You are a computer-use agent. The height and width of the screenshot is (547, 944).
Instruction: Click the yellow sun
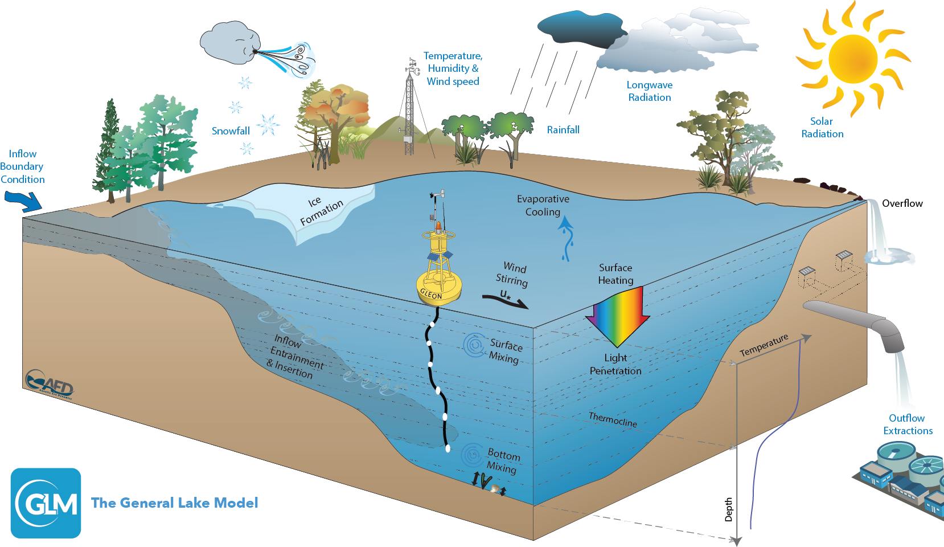click(x=852, y=57)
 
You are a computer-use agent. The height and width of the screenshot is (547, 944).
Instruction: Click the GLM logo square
click(x=46, y=503)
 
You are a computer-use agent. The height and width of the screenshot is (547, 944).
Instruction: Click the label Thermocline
click(x=613, y=420)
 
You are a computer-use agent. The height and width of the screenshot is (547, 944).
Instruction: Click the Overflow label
click(x=902, y=203)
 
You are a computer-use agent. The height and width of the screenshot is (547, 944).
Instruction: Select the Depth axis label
click(x=728, y=509)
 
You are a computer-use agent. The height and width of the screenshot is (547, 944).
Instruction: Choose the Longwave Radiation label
click(x=649, y=91)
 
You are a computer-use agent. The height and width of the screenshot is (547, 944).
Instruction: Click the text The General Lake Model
click(x=175, y=503)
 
